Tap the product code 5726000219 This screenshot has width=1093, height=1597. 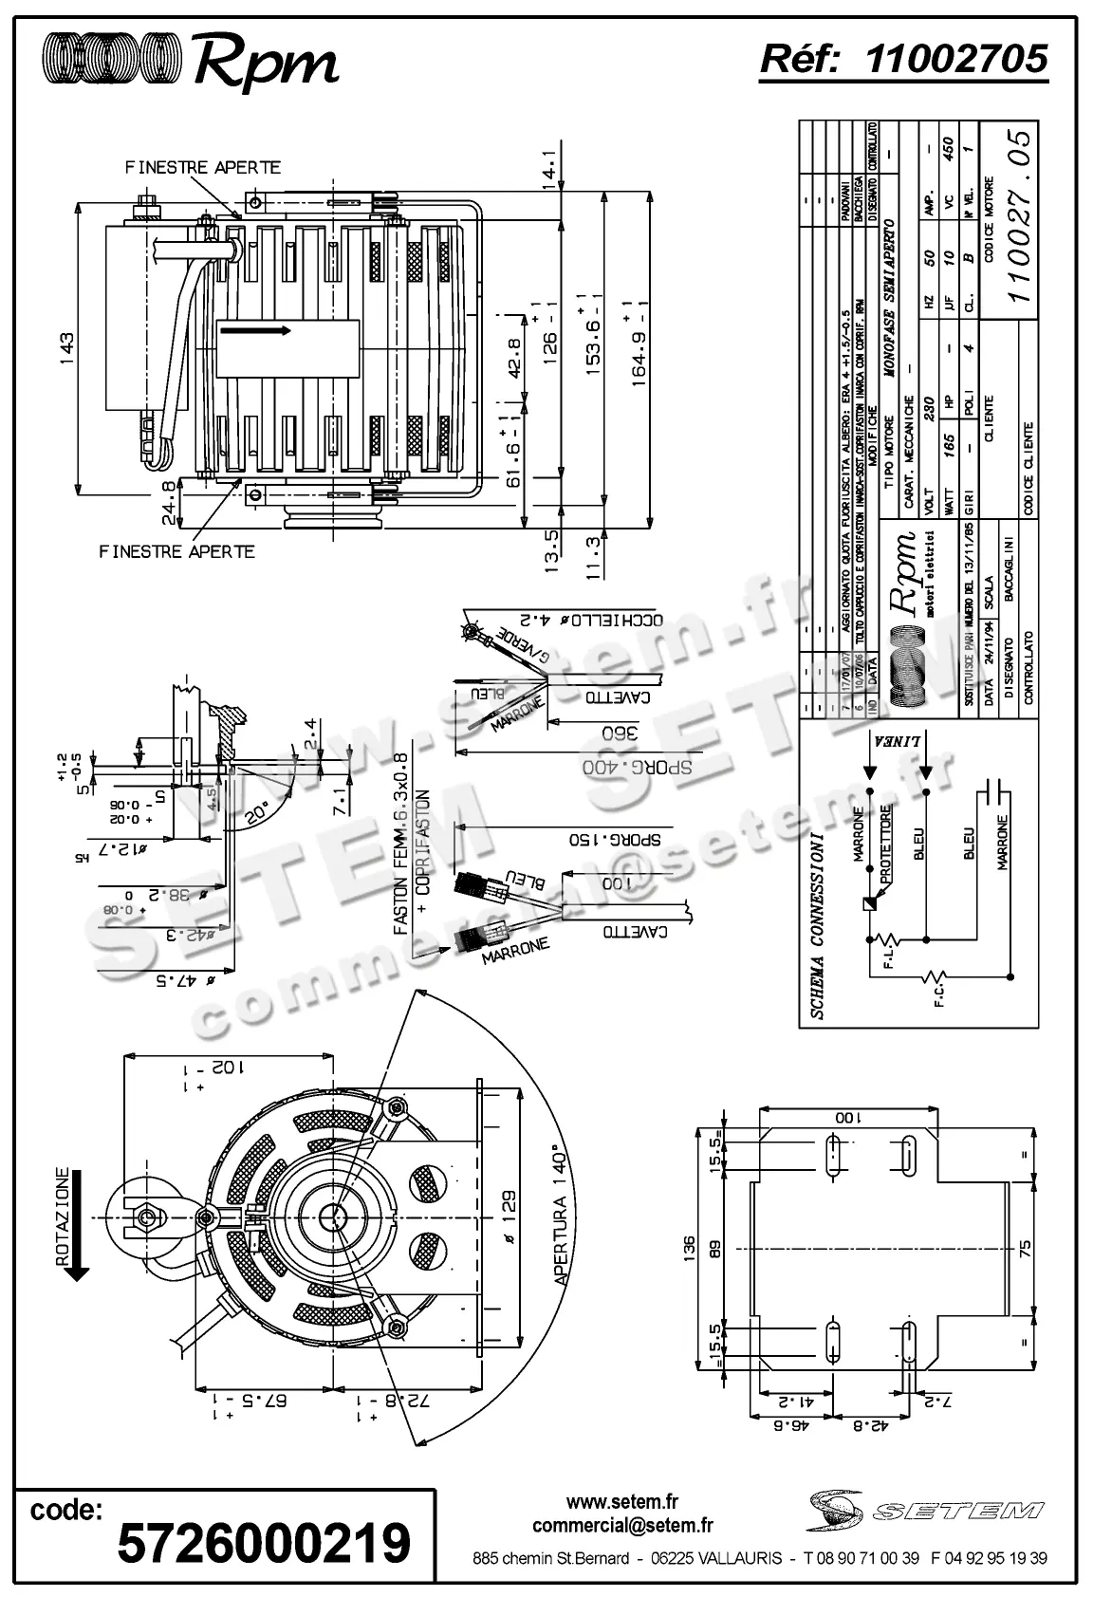pos(264,1542)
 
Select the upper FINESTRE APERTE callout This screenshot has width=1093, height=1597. pos(203,168)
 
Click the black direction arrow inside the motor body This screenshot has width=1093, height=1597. pos(254,330)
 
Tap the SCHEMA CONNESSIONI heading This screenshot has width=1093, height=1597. pos(819,926)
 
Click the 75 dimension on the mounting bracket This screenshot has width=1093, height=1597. pos(1024,1246)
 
